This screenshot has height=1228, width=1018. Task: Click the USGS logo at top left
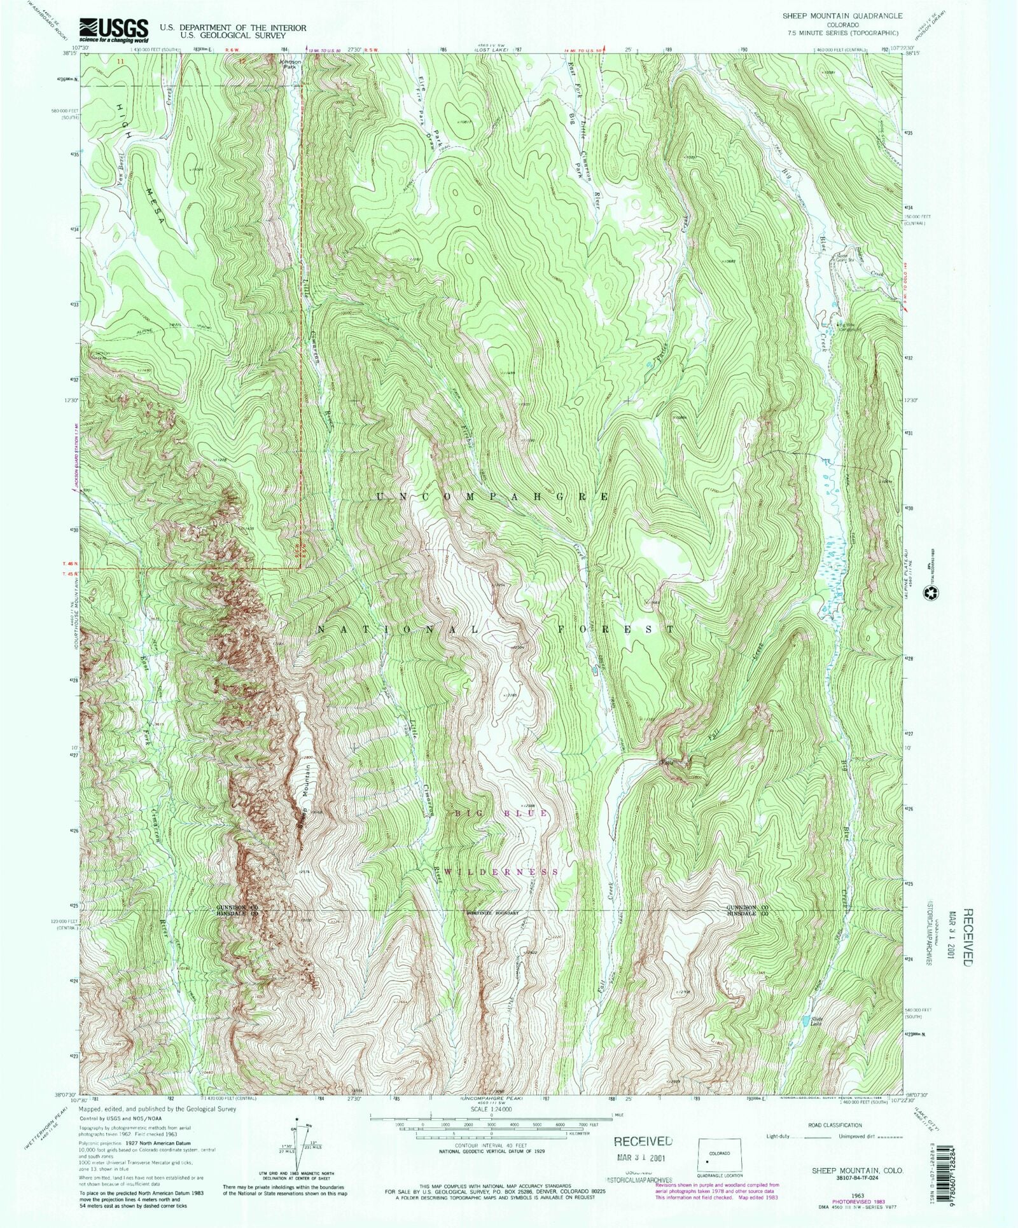[x=113, y=30]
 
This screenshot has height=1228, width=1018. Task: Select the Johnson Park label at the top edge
[x=289, y=64]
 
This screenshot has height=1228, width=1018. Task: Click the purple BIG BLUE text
[x=501, y=813]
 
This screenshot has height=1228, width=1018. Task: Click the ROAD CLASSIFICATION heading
[x=835, y=1125]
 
